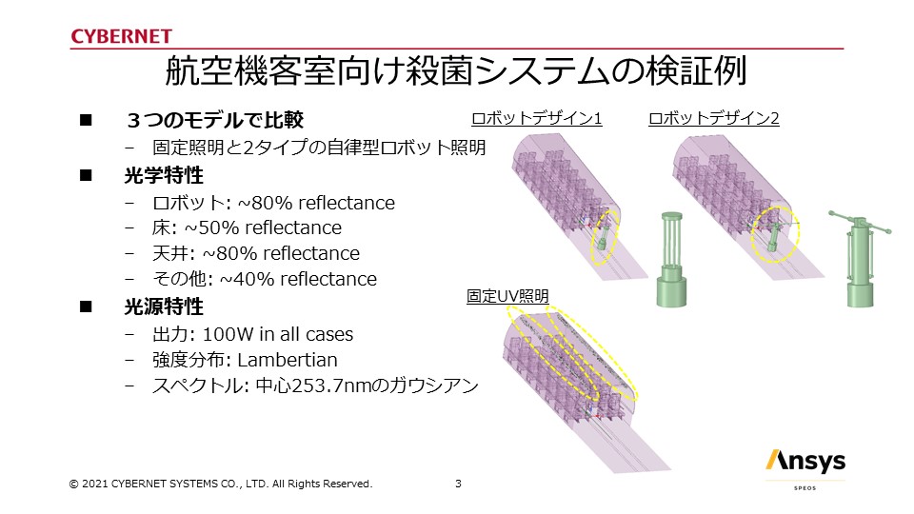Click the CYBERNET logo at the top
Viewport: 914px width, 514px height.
pos(121,36)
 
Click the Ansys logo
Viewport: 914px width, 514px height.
pos(805,462)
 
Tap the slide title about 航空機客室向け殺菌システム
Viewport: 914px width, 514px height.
pos(456,71)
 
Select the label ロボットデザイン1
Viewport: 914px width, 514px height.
pos(536,118)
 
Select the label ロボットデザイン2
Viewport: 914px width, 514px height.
pos(713,118)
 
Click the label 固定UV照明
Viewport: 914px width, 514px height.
pos(507,296)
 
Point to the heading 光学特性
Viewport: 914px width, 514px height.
pos(164,175)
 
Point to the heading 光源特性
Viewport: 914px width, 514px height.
pos(164,306)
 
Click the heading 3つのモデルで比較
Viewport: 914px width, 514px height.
pos(214,120)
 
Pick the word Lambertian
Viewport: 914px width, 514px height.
pos(288,360)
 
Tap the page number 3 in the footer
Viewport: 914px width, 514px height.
pos(458,484)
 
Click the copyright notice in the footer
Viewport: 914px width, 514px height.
pos(220,484)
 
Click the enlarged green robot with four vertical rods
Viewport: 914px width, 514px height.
pos(671,259)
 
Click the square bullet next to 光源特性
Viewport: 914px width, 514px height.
pos(86,306)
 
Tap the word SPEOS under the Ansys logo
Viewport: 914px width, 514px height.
pos(805,487)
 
